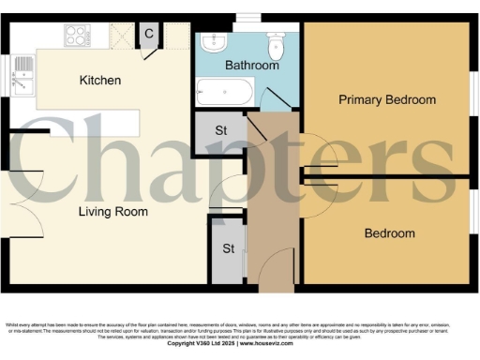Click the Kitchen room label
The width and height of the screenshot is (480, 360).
pyautogui.click(x=99, y=81)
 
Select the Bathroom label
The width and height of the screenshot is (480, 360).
pyautogui.click(x=252, y=66)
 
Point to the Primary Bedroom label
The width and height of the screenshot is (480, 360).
pyautogui.click(x=387, y=99)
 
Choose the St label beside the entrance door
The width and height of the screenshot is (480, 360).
pyautogui.click(x=228, y=249)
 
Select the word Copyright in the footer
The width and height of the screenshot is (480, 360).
pyautogui.click(x=187, y=344)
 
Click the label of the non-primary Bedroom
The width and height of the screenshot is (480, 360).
pyautogui.click(x=389, y=233)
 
